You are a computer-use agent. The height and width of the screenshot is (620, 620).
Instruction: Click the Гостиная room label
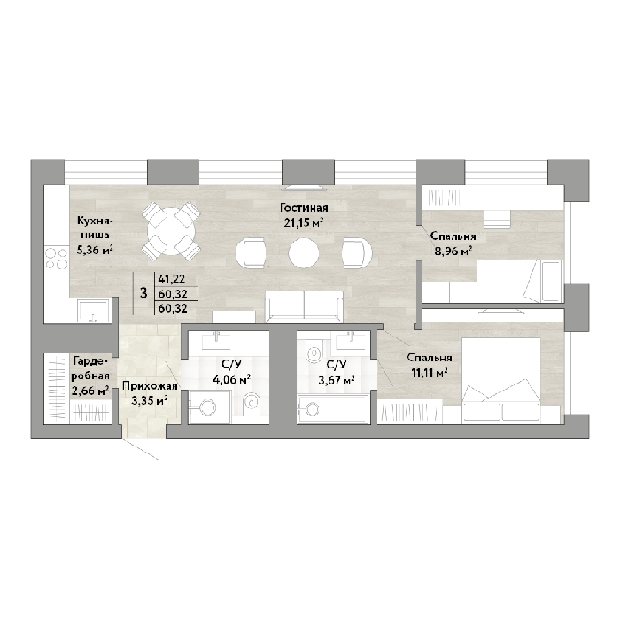(x=304, y=207)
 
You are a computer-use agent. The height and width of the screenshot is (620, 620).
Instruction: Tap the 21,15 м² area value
(x=304, y=222)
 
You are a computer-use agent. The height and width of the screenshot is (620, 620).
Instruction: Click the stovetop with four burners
(x=57, y=258)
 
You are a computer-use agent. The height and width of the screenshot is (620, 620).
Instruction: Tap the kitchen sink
(x=94, y=310)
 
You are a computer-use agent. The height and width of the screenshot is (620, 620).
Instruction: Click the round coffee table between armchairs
(x=303, y=253)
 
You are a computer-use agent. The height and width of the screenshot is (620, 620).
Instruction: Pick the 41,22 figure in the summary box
(x=172, y=279)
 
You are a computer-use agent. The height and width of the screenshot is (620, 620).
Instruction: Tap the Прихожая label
(x=150, y=386)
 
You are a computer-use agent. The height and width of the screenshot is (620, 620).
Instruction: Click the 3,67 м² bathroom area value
(x=337, y=380)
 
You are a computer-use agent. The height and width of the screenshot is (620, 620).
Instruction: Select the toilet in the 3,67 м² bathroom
(x=314, y=350)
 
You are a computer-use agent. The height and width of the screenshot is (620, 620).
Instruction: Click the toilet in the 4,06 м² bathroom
(x=251, y=403)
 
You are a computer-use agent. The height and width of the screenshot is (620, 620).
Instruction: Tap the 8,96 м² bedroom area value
(x=453, y=251)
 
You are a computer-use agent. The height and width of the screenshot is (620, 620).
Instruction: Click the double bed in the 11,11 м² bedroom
(x=501, y=381)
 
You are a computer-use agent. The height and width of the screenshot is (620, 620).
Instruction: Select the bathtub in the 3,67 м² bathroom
(x=333, y=407)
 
